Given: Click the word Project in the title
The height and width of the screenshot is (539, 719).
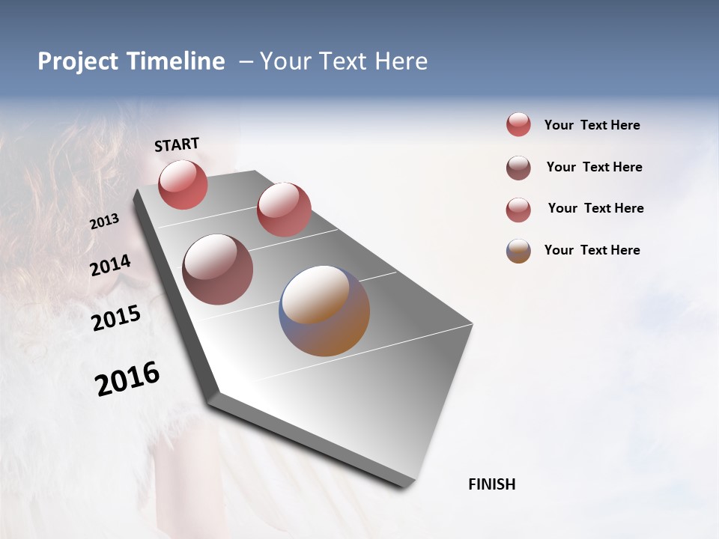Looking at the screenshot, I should point(77,61).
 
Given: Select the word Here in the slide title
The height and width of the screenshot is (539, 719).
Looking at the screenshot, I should point(401,61).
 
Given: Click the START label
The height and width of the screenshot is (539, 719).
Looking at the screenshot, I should point(177,144).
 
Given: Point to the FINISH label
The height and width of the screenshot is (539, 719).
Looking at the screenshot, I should point(491,484).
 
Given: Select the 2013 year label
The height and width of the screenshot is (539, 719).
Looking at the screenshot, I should point(104,222).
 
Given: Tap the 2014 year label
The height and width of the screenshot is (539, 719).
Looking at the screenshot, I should point(110,266).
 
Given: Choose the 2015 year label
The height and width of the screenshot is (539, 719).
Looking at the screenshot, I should point(115,318).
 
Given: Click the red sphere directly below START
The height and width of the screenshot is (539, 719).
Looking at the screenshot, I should point(183,185).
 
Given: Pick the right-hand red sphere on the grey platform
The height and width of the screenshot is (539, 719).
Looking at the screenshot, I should point(284,210).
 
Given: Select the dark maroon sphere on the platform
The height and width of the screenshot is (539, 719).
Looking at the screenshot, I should point(218,269).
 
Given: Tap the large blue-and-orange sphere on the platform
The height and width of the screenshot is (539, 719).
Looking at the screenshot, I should point(324,311).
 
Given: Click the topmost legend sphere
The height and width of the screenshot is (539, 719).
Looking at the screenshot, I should point(518,125).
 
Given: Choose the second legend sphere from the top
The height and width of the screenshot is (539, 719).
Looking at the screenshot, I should point(518,168).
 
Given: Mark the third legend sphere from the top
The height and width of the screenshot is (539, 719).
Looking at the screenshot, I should point(518,210).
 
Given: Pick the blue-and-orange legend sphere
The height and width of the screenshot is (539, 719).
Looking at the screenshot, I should point(518,251).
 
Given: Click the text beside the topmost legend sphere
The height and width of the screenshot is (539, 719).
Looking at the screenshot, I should point(592,126).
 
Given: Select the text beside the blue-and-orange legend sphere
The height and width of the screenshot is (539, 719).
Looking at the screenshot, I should point(592,250).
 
